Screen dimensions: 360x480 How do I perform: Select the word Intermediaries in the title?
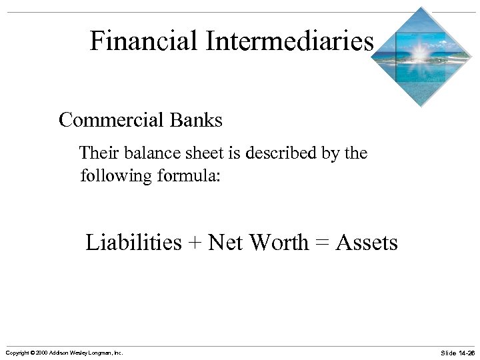(289, 41)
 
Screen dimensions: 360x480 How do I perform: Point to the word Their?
(98, 153)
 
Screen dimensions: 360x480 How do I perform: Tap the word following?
(111, 177)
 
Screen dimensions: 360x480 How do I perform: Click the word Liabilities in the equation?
(133, 242)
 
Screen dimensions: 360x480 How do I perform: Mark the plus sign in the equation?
(195, 243)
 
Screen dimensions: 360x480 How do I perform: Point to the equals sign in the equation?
(322, 243)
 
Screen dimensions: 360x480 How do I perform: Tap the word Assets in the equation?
(367, 242)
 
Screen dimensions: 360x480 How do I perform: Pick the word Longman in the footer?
(96, 352)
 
